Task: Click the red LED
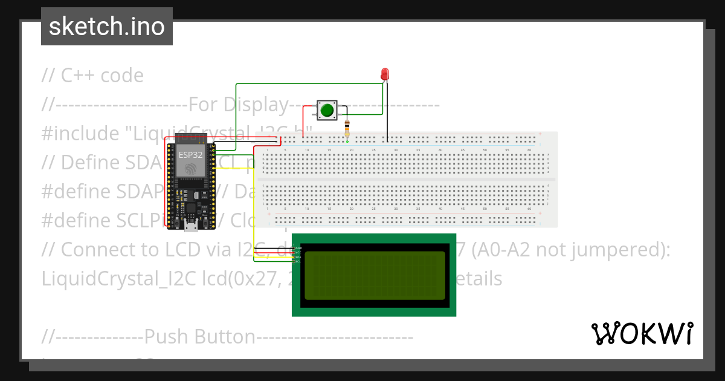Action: tap(385, 74)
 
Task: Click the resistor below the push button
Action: tap(347, 128)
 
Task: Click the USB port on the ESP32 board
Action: tap(191, 227)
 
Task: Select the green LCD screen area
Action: tap(375, 275)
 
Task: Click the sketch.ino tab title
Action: tap(107, 27)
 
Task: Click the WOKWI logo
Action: tap(642, 333)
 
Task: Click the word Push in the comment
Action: tap(166, 337)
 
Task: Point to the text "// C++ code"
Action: tap(92, 76)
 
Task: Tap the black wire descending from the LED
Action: tap(388, 109)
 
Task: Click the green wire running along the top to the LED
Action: tap(302, 83)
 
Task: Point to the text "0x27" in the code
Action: tap(247, 279)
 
